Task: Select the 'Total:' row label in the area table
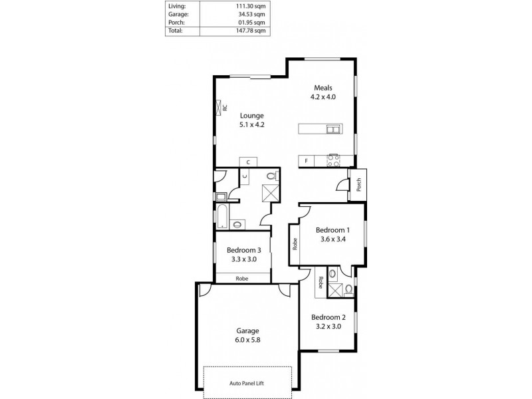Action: (x=176, y=31)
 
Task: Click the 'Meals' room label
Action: (x=323, y=88)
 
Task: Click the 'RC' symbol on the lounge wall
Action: (x=220, y=107)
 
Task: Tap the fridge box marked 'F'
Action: (x=307, y=161)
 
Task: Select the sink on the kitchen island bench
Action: (x=331, y=129)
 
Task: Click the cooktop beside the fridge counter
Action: (x=332, y=160)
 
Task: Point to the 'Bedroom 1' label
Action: (x=332, y=230)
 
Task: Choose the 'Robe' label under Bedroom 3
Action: (x=242, y=279)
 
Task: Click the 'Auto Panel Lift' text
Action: (x=247, y=383)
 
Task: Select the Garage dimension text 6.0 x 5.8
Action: (x=247, y=339)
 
